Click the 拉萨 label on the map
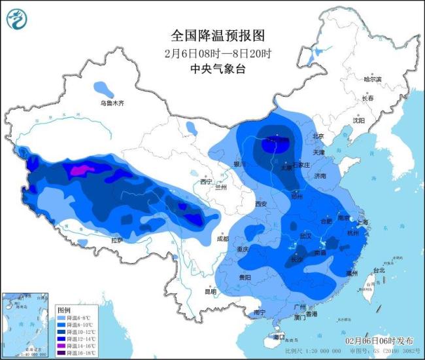pos(117,240)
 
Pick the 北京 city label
pos(318,136)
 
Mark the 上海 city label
pos(362,223)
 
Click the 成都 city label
pos(221,239)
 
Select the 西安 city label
pos(261,204)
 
